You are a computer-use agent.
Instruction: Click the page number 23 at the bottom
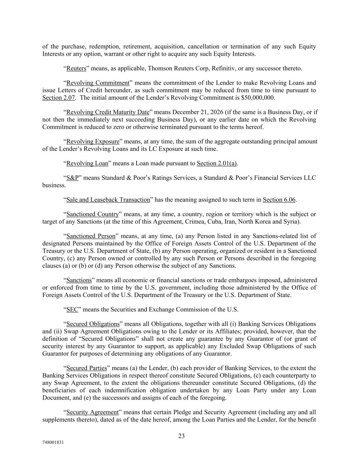click(181, 436)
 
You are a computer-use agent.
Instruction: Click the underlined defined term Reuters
click(76, 68)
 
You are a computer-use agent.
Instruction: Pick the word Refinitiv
click(223, 68)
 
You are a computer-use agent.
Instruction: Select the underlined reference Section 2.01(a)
click(217, 163)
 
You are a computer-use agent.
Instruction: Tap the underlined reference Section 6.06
click(279, 200)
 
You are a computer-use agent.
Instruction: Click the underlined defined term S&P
click(72, 178)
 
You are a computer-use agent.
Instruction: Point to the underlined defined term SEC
click(72, 310)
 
